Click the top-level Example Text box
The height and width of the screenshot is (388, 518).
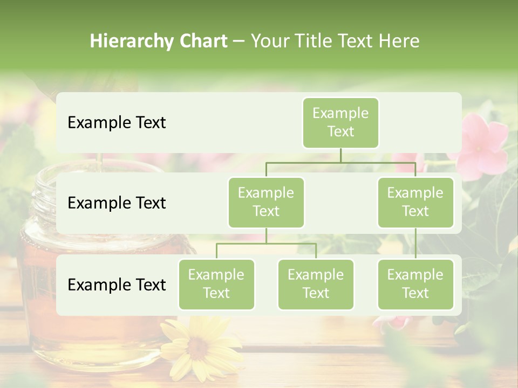pyautogui.click(x=340, y=122)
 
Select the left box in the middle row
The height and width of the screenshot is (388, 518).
pyautogui.click(x=266, y=202)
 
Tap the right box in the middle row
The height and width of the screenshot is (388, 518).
pyautogui.click(x=415, y=202)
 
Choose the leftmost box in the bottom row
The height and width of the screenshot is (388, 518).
pyautogui.click(x=216, y=284)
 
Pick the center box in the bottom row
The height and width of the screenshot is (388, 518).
pyautogui.click(x=316, y=284)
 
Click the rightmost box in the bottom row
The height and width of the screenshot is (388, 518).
pyautogui.click(x=415, y=284)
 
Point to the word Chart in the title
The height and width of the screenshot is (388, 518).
pyautogui.click(x=203, y=41)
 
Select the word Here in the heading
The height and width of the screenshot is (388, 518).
pyautogui.click(x=399, y=41)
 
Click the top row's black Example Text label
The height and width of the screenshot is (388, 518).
pyautogui.click(x=117, y=123)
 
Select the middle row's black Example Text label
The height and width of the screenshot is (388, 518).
pyautogui.click(x=117, y=203)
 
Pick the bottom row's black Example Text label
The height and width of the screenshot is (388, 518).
pyautogui.click(x=117, y=285)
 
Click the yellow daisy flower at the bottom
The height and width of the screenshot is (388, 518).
pyautogui.click(x=197, y=345)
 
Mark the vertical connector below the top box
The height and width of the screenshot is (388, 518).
pyautogui.click(x=340, y=155)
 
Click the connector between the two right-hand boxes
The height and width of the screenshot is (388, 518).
pyautogui.click(x=415, y=244)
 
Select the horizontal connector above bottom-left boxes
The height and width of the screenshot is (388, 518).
pyautogui.click(x=266, y=244)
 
